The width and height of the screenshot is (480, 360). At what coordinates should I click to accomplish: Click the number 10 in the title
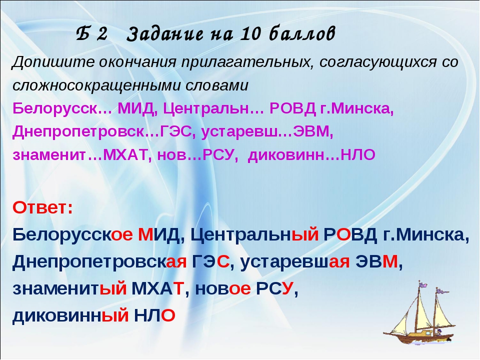(250, 33)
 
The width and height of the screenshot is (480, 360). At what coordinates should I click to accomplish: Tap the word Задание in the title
(164, 33)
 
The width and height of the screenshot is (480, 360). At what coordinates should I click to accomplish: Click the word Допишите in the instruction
(53, 62)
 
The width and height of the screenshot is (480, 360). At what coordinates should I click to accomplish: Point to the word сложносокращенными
(96, 85)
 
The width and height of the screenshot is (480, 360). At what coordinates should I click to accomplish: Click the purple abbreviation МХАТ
(125, 155)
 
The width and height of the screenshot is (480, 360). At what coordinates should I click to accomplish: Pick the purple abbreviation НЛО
(358, 155)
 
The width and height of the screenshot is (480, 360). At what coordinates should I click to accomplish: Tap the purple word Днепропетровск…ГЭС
(102, 131)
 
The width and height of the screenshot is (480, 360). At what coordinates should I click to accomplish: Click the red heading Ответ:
(43, 208)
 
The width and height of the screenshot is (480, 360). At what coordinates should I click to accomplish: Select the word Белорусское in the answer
(72, 235)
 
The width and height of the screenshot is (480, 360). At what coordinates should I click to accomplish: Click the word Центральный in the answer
(254, 235)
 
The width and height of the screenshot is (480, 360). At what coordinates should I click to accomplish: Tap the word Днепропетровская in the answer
(99, 261)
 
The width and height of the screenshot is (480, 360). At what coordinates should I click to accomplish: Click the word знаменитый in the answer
(69, 288)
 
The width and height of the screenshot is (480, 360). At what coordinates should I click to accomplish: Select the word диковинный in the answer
(70, 315)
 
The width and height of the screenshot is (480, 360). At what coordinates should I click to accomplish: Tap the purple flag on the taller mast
(423, 284)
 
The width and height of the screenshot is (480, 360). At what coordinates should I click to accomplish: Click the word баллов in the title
(302, 33)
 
